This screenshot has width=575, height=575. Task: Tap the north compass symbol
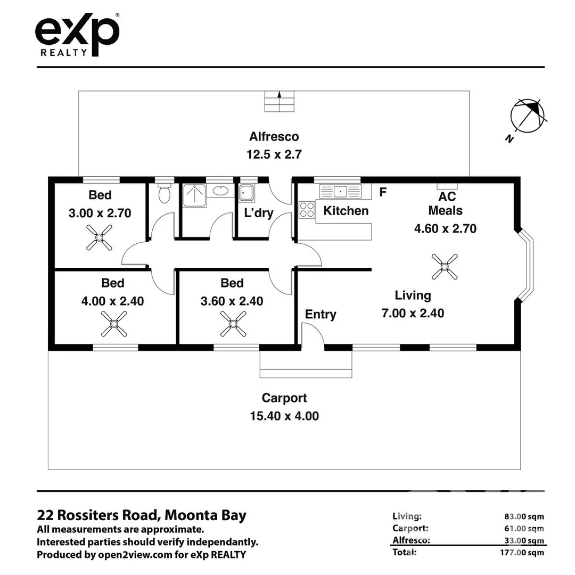(x=527, y=117)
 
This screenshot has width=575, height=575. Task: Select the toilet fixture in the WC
(x=165, y=193)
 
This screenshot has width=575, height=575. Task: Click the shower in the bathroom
(x=194, y=195)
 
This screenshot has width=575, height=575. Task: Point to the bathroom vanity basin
(x=220, y=190)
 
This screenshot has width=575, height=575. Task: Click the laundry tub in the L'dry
(x=247, y=193)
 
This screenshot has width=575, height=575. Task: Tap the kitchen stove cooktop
(x=307, y=210)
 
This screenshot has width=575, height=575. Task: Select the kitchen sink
(x=340, y=192)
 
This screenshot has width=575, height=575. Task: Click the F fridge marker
(x=383, y=192)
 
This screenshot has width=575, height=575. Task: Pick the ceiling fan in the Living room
(x=445, y=267)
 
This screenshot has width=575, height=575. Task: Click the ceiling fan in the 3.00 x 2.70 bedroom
(x=99, y=237)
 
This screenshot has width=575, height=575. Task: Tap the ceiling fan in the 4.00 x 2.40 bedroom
(x=114, y=324)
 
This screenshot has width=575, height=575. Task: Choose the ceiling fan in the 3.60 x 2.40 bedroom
(x=233, y=324)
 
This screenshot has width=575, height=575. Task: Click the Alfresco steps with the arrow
(x=280, y=101)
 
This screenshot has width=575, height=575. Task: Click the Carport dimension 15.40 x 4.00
(x=284, y=416)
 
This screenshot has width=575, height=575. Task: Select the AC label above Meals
(x=447, y=196)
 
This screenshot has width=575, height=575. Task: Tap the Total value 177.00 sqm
(x=522, y=553)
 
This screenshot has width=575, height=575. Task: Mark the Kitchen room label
(x=346, y=211)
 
